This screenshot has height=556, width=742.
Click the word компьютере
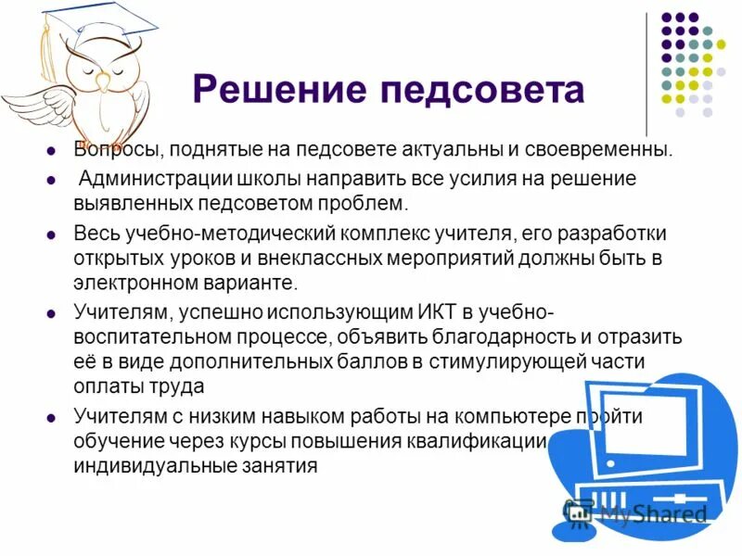click(x=492, y=417)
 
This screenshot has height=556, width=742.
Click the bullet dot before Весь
click(x=53, y=233)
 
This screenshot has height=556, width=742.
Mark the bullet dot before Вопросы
click(x=53, y=151)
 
